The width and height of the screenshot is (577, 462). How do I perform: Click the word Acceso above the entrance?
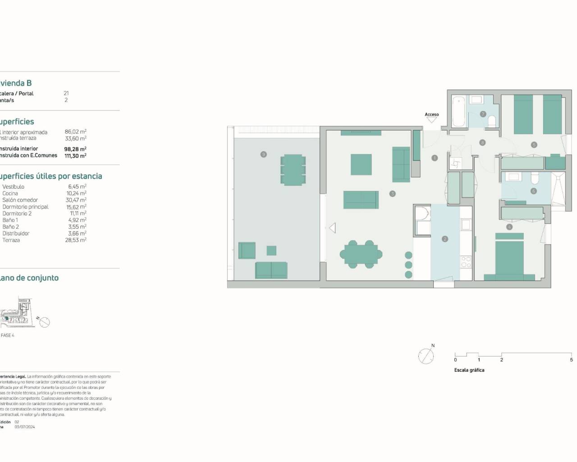(431, 115)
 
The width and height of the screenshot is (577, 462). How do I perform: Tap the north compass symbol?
(426, 356)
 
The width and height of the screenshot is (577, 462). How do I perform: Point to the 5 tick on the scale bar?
(571, 360)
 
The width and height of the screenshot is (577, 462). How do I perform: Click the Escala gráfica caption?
(469, 370)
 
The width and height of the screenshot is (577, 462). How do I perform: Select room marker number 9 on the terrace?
(264, 154)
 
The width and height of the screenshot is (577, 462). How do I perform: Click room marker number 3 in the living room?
(392, 194)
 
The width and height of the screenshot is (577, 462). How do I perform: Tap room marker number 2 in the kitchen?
(445, 239)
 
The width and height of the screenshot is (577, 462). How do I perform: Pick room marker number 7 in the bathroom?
(483, 114)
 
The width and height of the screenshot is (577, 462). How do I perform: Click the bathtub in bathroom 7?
(458, 111)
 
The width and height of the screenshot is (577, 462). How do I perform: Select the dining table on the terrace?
(293, 170)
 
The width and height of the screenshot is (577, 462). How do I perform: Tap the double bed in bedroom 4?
(509, 260)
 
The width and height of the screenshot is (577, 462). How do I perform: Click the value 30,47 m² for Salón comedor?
(76, 200)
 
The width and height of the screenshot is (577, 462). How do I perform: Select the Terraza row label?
(11, 240)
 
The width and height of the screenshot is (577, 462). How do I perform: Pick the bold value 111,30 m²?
(75, 156)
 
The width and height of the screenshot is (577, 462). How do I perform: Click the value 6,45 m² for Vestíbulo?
(77, 186)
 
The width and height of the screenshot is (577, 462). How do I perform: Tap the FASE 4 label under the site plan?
(8, 335)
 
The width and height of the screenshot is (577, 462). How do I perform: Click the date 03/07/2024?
(24, 427)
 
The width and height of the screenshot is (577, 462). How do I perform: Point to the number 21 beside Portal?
(66, 93)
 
